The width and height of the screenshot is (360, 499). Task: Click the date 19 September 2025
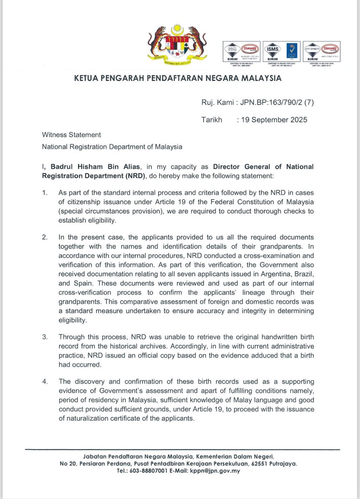click(x=274, y=120)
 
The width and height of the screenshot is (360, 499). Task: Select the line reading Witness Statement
click(x=71, y=135)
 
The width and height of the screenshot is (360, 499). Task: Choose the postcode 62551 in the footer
click(x=254, y=464)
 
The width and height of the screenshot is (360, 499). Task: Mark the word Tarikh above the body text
click(x=212, y=120)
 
